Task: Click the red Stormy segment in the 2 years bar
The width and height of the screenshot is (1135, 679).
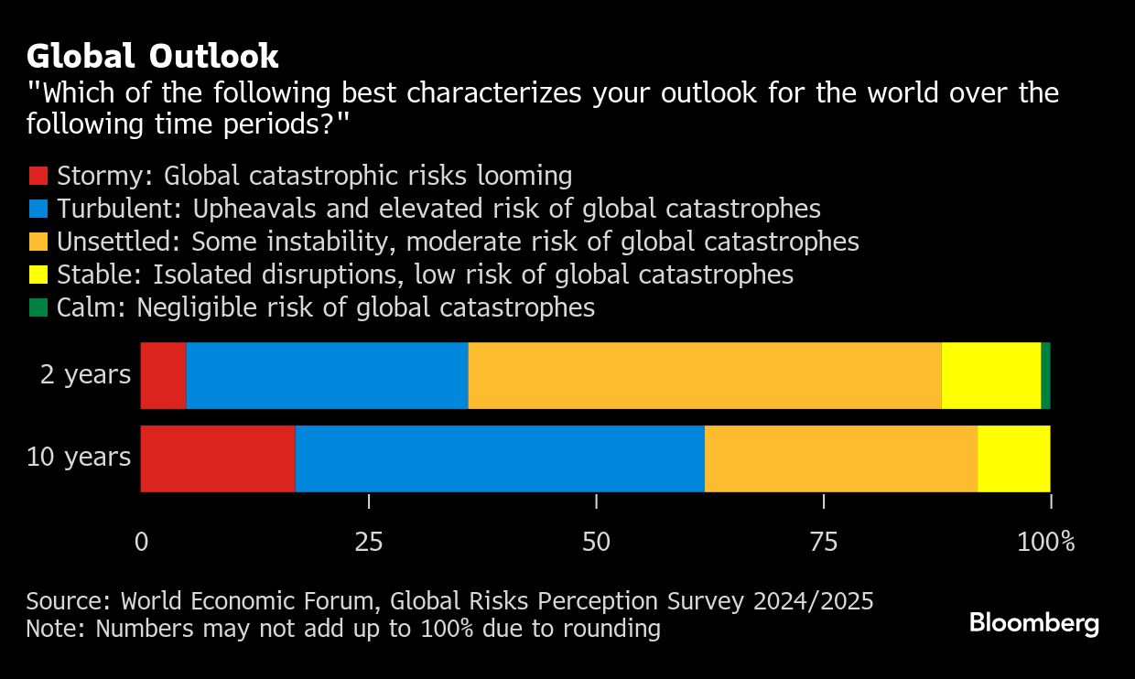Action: [163, 375]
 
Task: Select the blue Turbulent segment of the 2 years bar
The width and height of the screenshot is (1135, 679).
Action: [327, 375]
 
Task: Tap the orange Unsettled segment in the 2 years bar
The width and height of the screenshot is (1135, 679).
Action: [704, 375]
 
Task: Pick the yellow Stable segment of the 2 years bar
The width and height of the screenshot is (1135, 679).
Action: [990, 375]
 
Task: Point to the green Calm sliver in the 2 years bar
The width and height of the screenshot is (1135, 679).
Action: [1045, 375]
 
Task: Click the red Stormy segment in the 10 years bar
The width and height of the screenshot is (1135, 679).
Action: [218, 458]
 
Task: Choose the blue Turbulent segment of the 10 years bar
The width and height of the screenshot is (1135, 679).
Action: [500, 458]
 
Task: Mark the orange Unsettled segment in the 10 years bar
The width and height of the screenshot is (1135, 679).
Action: [840, 458]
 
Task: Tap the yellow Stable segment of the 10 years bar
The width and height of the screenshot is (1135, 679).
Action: [1013, 458]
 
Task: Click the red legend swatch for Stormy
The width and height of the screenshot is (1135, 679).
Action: [38, 176]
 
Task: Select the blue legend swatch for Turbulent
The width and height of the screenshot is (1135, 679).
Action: [38, 209]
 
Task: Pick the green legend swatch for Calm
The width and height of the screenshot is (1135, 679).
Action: [38, 307]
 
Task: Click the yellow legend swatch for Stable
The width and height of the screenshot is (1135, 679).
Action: [38, 275]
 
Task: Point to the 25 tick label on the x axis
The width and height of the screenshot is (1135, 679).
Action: [368, 542]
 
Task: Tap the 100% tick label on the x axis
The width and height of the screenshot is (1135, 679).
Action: [1045, 542]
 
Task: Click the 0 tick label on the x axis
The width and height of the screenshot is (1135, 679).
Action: [141, 542]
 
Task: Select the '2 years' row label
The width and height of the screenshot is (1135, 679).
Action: [85, 374]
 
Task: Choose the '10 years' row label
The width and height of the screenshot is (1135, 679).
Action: [79, 457]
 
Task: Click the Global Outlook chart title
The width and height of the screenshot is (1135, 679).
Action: [152, 57]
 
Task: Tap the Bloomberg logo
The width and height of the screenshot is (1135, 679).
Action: [1034, 624]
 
